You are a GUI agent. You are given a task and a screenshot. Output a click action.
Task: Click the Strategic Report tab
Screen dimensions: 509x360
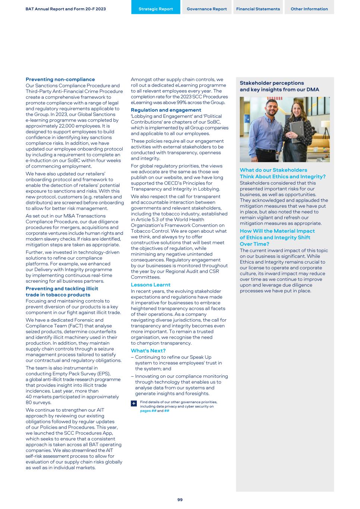tap(155, 9)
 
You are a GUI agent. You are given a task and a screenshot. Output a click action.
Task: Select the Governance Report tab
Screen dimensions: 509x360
tap(206, 9)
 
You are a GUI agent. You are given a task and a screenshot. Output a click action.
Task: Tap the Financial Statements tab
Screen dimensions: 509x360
tap(258, 9)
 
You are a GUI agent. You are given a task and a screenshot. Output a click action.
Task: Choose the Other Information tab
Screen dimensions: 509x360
tap(309, 9)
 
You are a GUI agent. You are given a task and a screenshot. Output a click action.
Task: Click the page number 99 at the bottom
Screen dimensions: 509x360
tap(180, 500)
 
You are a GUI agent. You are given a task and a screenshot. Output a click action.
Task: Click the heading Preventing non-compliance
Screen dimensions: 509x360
tap(60, 79)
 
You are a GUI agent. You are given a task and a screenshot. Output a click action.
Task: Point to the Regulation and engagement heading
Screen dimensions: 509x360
tap(166, 110)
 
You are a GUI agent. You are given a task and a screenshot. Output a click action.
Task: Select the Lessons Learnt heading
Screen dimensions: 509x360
tap(151, 285)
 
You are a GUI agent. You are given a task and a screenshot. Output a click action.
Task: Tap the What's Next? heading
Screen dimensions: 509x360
tap(148, 351)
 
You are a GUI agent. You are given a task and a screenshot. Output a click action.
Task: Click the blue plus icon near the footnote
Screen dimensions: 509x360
tap(134, 404)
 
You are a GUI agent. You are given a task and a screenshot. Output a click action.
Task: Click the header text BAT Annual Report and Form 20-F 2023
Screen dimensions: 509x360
tap(66, 9)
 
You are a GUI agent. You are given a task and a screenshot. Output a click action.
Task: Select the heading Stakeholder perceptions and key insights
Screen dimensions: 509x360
tap(279, 86)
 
